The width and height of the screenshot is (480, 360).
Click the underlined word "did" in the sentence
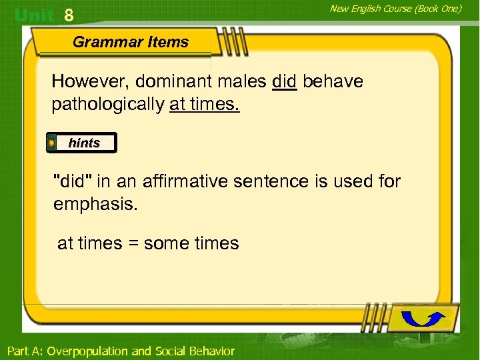pyautogui.click(x=284, y=82)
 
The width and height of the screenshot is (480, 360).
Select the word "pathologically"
pyautogui.click(x=108, y=105)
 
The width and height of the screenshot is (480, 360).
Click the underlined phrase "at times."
pyautogui.click(x=204, y=105)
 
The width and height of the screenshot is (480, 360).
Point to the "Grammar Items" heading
pyautogui.click(x=131, y=42)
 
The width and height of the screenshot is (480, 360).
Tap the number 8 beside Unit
pyautogui.click(x=69, y=15)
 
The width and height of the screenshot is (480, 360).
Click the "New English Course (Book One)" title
pyautogui.click(x=395, y=9)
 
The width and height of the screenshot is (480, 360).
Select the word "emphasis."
pyautogui.click(x=95, y=204)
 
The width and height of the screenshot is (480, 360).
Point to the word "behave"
pyautogui.click(x=333, y=82)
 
